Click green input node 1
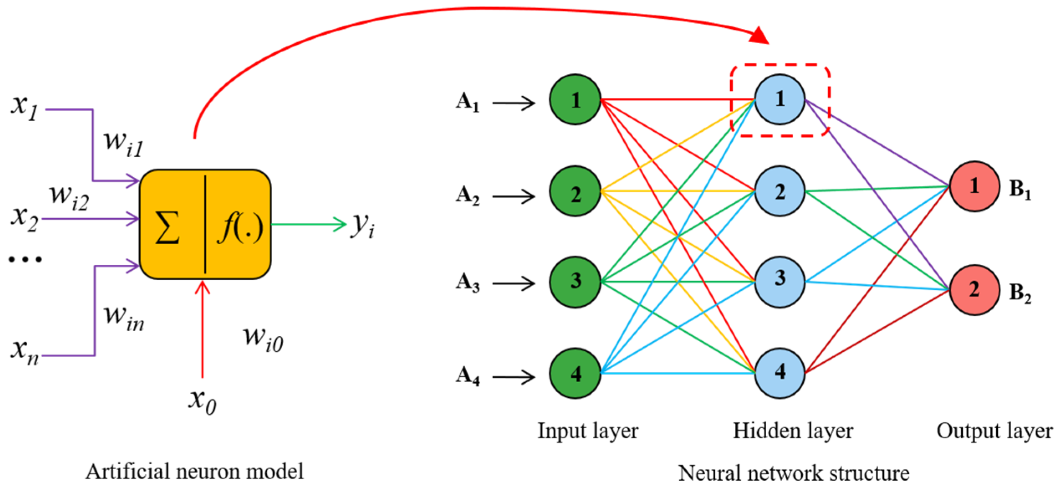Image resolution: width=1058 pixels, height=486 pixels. tap(575, 100)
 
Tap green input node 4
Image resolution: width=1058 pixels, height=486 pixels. tap(575, 373)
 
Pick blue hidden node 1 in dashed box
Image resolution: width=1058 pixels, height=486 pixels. tap(780, 99)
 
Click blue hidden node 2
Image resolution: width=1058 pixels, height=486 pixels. tap(780, 191)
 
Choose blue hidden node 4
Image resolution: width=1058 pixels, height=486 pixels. tap(780, 373)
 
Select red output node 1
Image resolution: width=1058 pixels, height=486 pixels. tap(974, 187)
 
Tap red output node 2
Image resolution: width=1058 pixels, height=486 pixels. tap(974, 290)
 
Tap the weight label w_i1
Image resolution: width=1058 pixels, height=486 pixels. tap(124, 143)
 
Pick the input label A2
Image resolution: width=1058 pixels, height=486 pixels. tap(468, 196)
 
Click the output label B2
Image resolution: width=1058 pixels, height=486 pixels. tap(1020, 292)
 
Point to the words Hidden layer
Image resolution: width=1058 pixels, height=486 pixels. tap(793, 431)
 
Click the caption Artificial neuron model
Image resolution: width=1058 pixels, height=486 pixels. tap(195, 472)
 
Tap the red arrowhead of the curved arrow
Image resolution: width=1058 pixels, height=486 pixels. tap(759, 36)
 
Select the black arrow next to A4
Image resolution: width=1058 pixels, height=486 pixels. tap(514, 377)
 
